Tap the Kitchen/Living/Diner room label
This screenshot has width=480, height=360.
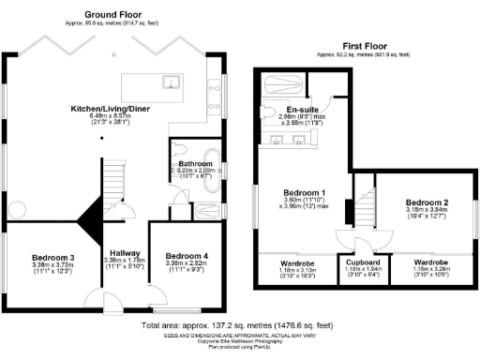click(x=113, y=109)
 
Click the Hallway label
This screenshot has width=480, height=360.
click(x=125, y=252)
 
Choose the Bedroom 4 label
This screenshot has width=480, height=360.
click(x=187, y=256)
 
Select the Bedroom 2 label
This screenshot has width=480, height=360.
click(x=427, y=202)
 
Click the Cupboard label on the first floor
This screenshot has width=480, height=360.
click(x=362, y=263)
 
